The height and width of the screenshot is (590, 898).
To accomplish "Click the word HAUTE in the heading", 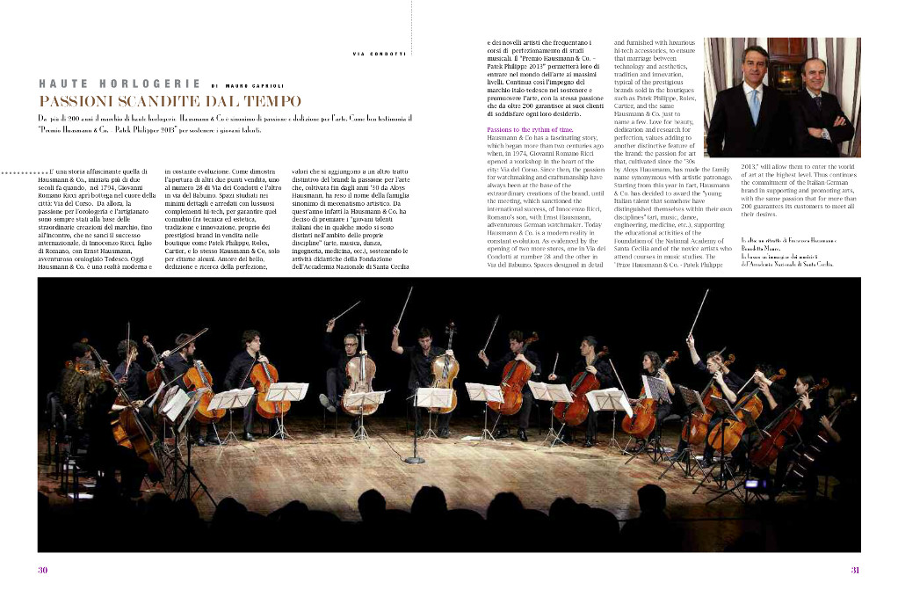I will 64,84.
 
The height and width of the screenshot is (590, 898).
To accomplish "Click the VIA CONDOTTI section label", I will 379,55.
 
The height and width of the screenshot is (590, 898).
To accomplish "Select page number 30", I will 41,570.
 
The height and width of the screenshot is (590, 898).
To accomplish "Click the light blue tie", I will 755,103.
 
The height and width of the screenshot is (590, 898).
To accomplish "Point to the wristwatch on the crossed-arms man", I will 825,134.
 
